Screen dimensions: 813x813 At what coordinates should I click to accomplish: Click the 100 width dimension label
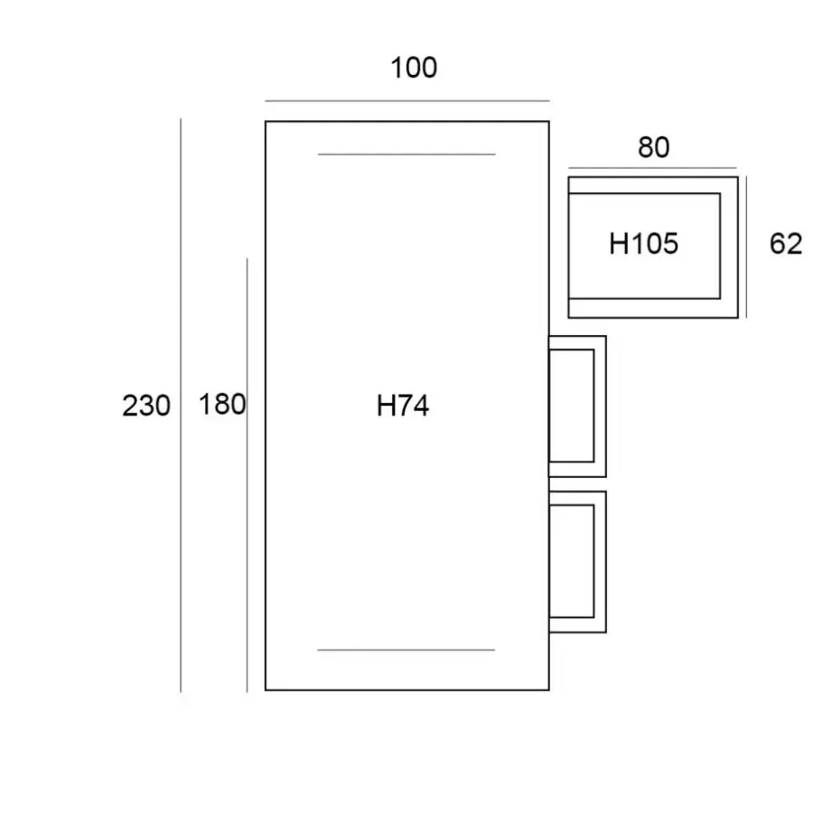pyautogui.click(x=414, y=68)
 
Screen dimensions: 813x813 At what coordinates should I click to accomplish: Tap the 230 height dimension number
pyautogui.click(x=146, y=406)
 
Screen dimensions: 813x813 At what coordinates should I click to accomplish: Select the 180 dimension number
pyautogui.click(x=222, y=405)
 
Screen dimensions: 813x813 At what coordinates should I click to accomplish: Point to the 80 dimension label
pyautogui.click(x=654, y=147)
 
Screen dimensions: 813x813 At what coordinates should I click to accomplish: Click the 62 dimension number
pyautogui.click(x=786, y=244)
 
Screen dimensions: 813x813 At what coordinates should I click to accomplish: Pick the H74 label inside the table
pyautogui.click(x=403, y=406)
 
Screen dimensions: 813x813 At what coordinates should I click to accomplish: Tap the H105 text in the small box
pyautogui.click(x=643, y=244)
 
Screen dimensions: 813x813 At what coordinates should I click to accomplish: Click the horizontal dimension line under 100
pyautogui.click(x=407, y=101)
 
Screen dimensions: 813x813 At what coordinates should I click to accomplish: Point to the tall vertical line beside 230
pyautogui.click(x=181, y=405)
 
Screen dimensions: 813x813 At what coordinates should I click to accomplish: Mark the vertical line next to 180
pyautogui.click(x=247, y=475)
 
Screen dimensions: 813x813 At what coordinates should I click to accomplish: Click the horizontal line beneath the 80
pyautogui.click(x=652, y=168)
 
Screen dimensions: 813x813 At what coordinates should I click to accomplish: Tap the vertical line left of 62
pyautogui.click(x=746, y=247)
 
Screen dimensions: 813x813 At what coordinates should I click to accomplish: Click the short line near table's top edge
pyautogui.click(x=406, y=154)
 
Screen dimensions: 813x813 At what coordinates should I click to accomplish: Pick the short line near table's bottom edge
pyautogui.click(x=406, y=649)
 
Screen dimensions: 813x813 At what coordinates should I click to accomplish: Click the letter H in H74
pyautogui.click(x=385, y=406)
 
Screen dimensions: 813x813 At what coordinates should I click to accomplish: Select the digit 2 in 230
pyautogui.click(x=129, y=406)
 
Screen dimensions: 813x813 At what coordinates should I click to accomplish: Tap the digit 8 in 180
pyautogui.click(x=222, y=405)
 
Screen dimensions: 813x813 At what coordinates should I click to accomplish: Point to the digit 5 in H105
pyautogui.click(x=670, y=244)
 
